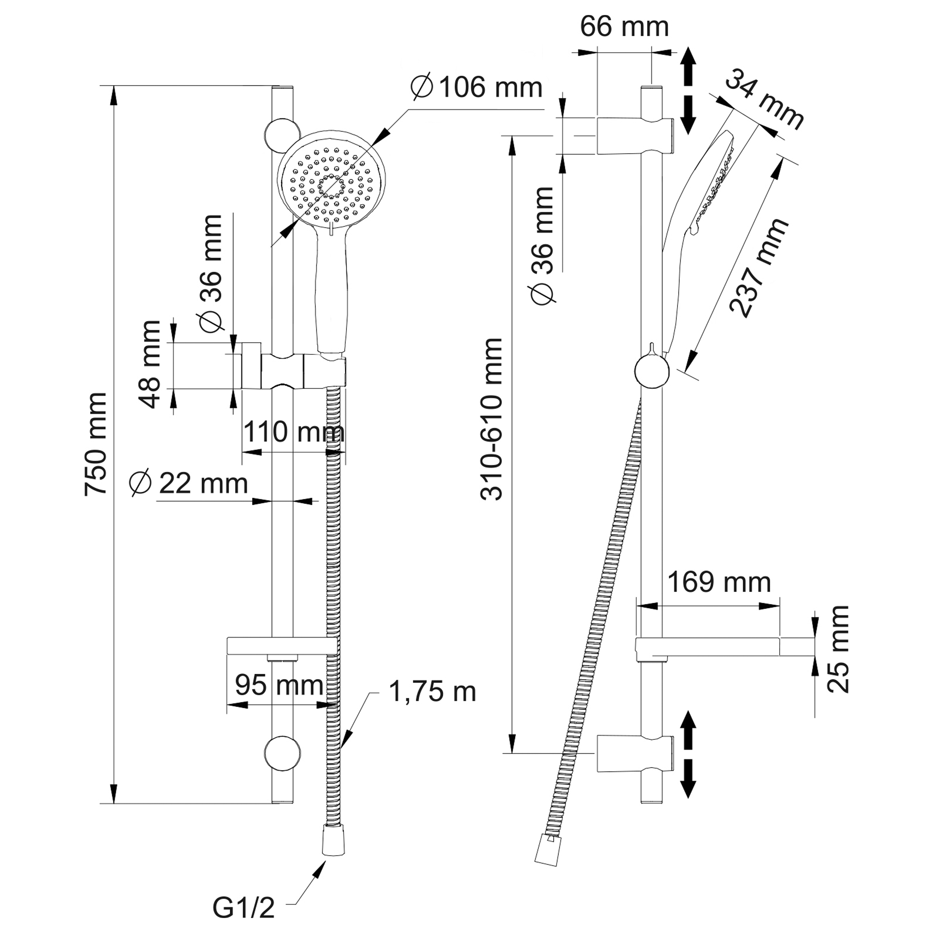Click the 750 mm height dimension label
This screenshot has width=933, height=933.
coord(96,444)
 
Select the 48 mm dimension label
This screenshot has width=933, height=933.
coord(150,365)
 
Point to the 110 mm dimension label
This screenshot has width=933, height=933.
coord(293,432)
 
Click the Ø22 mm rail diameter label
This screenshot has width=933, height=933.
coord(189,483)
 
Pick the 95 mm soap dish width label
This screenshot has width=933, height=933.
coord(279,685)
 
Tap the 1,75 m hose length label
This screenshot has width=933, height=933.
coord(432,692)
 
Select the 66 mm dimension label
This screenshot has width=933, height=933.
coord(624,26)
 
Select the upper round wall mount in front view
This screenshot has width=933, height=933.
coord(283,134)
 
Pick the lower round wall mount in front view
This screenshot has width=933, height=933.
coord(283,753)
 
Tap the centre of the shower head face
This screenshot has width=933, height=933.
coord(332,186)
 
